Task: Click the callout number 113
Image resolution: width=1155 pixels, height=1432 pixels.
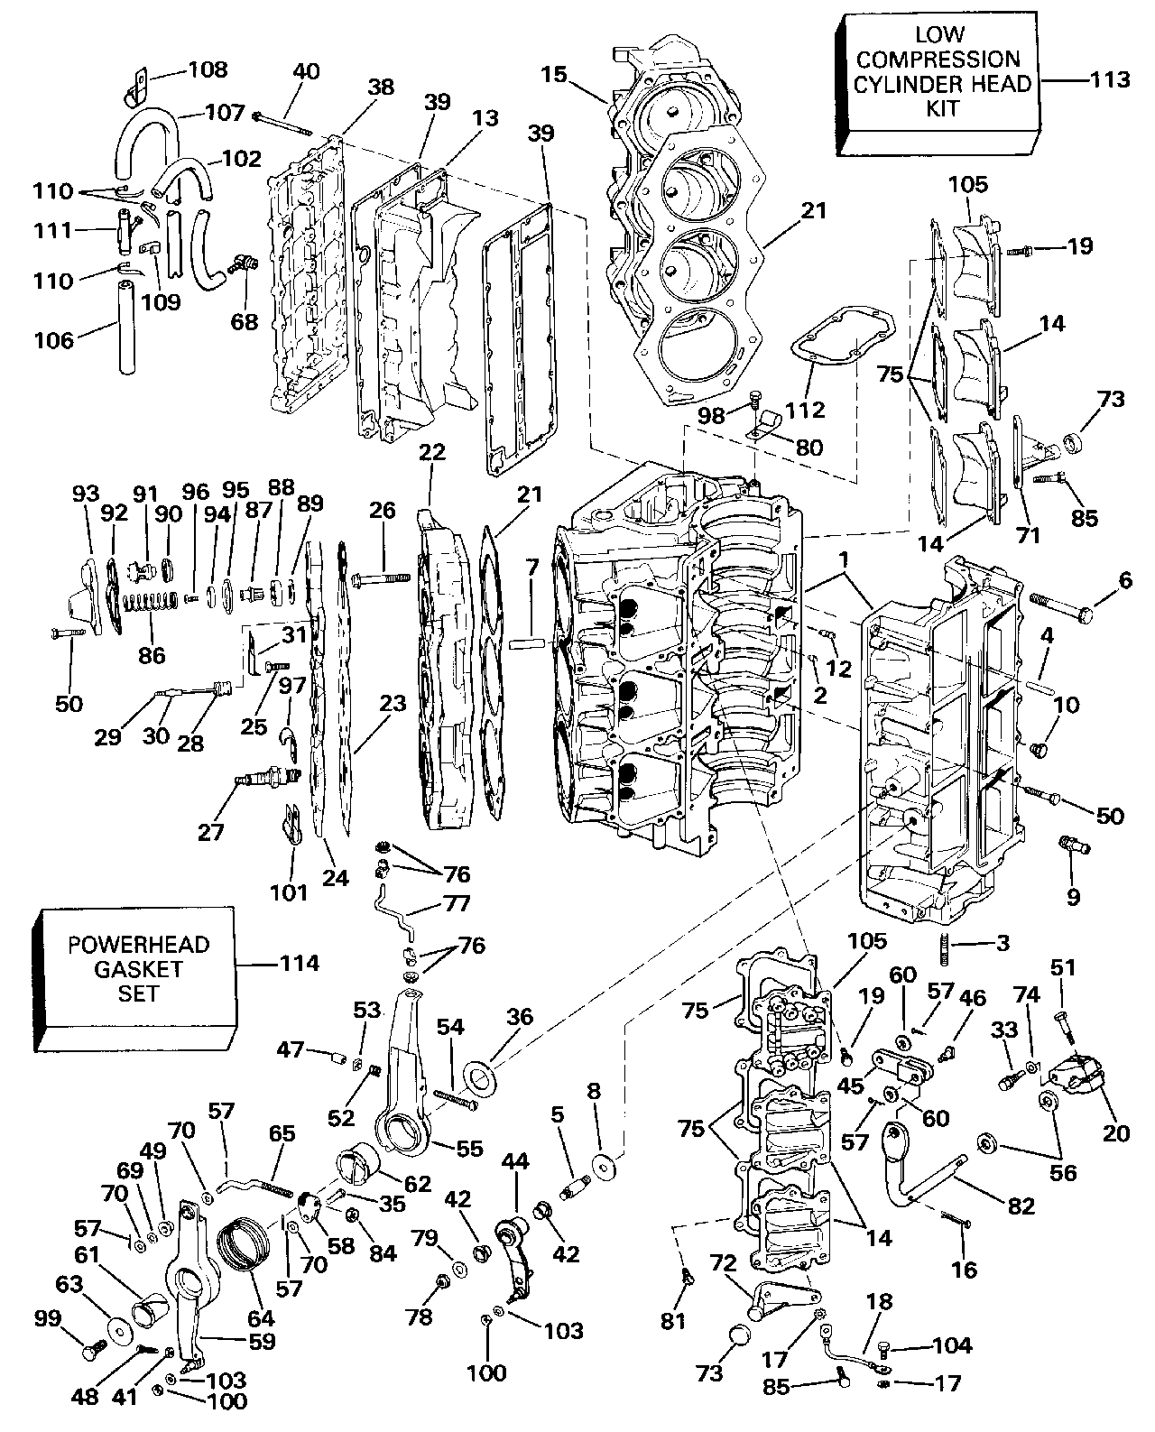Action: [x=1108, y=79]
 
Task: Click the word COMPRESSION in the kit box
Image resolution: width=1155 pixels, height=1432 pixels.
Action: [x=938, y=60]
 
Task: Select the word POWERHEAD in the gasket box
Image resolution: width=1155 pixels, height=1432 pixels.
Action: [x=139, y=945]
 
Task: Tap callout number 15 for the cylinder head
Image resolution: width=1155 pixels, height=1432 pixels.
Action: [x=554, y=74]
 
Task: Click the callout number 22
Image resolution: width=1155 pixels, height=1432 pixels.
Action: [x=433, y=451]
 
